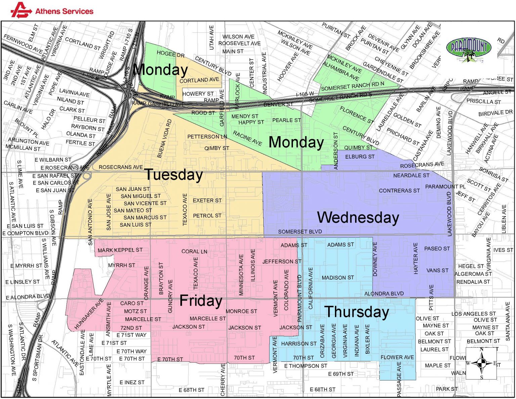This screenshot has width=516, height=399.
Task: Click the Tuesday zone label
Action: pos(174,175)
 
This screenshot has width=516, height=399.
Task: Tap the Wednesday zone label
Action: pos(358,217)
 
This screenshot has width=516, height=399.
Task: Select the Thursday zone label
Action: pos(356,312)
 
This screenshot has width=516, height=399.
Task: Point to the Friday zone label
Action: pos(201,301)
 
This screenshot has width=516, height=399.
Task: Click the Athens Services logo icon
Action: pos(21,10)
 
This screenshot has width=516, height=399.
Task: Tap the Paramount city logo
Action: pos(469,49)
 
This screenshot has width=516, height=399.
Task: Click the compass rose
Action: pos(481,363)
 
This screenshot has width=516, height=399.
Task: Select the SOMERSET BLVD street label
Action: pos(300,232)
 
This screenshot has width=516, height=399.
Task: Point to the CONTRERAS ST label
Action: pos(399,191)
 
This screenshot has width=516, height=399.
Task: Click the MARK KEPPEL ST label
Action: pos(120,250)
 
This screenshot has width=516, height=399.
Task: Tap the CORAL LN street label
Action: pos(194,251)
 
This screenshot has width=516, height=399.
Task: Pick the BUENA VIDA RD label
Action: pos(164,138)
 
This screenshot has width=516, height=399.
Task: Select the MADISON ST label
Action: pos(338,278)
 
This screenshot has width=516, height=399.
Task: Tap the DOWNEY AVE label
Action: pos(375,259)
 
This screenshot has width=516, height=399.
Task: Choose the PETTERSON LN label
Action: pos(207,136)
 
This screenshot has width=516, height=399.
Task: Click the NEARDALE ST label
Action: pos(411,175)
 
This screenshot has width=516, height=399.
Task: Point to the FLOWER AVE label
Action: pos(397,357)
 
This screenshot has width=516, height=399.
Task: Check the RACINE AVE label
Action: pos(247,138)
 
